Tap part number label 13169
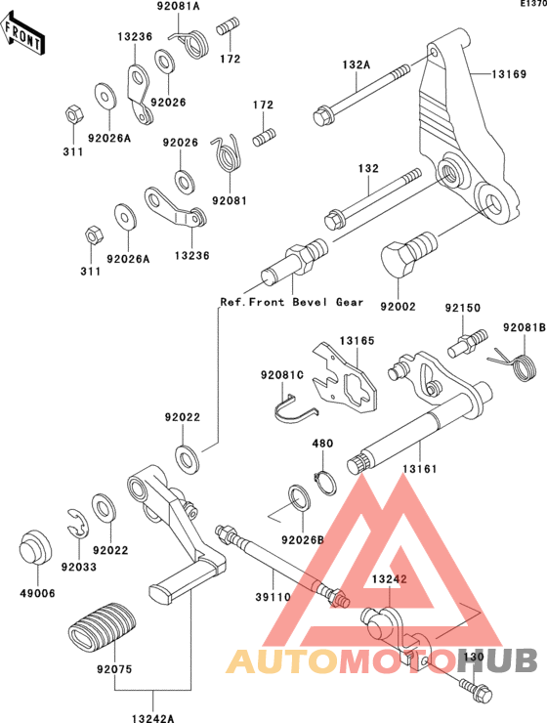click(x=509, y=74)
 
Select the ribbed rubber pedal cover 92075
click(x=103, y=624)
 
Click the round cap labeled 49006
click(x=35, y=547)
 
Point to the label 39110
click(x=273, y=597)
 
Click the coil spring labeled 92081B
click(x=521, y=364)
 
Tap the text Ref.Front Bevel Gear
click(x=292, y=302)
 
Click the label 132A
click(x=356, y=65)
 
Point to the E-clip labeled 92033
click(x=77, y=524)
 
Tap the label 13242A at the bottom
click(x=152, y=718)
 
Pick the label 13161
click(x=419, y=469)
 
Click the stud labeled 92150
click(x=466, y=343)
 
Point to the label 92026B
click(x=303, y=540)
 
